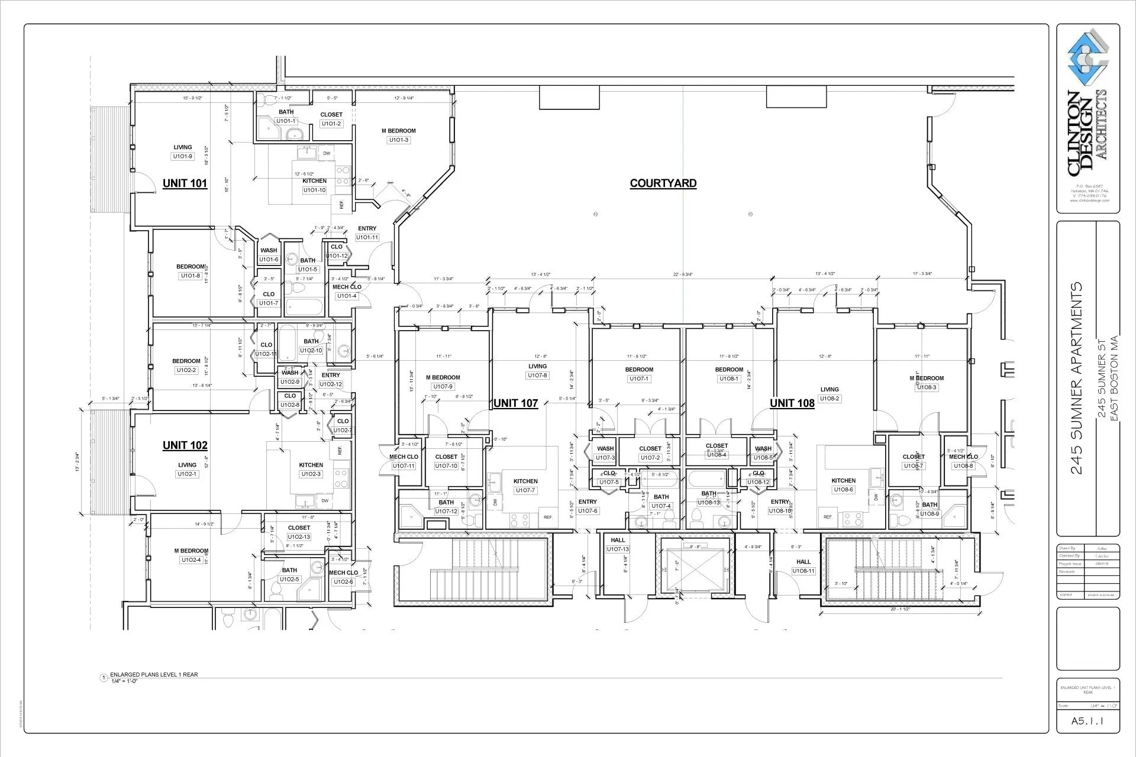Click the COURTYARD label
tap(663, 183)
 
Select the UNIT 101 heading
tap(185, 183)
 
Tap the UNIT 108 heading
tap(792, 403)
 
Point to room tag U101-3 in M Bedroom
tap(399, 140)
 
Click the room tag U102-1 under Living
tap(187, 474)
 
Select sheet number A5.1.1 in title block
tap(1088, 721)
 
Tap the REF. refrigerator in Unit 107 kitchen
tap(548, 517)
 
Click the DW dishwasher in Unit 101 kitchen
tap(327, 154)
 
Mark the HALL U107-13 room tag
tap(618, 549)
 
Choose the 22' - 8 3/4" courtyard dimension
tap(683, 274)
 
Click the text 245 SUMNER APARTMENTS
tap(1077, 378)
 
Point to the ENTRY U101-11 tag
tap(367, 238)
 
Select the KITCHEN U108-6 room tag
tap(843, 490)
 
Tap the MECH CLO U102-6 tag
tap(343, 582)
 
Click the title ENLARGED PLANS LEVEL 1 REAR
tap(154, 674)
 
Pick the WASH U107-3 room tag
tap(605, 458)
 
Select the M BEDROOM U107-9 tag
tap(443, 387)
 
